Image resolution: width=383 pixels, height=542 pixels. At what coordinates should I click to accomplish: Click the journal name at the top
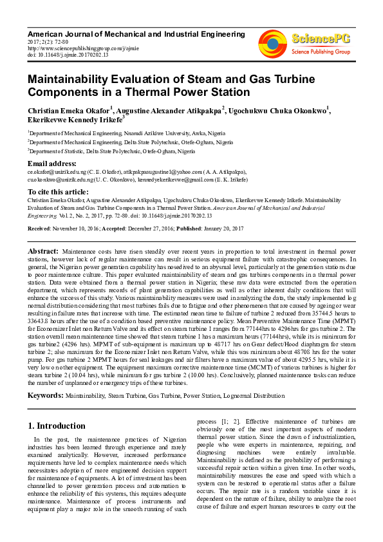pos(136,33)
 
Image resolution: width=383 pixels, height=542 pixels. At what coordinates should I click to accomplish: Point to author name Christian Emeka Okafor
pos(70,110)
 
